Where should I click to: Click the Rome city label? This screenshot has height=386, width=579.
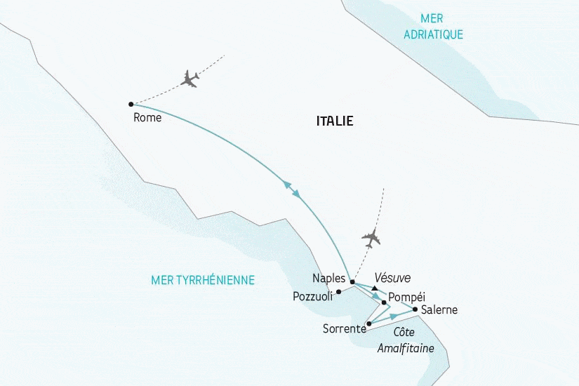(147, 118)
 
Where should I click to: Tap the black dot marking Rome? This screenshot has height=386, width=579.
(131, 104)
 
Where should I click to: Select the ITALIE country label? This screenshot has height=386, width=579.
(335, 121)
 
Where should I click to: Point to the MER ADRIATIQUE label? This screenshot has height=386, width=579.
(434, 26)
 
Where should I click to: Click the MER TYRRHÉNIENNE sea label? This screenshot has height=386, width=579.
(203, 280)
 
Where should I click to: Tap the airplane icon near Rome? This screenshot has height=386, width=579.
(189, 78)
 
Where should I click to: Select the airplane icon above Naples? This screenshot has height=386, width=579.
(371, 239)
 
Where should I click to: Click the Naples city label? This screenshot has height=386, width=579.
(329, 278)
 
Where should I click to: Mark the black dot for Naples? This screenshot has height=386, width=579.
(352, 282)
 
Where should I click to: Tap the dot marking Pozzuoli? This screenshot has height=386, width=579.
(338, 291)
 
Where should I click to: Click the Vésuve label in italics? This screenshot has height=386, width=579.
(392, 277)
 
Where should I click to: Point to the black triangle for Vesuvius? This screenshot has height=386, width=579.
(375, 288)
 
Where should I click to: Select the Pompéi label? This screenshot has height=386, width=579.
(406, 296)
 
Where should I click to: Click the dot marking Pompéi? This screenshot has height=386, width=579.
(384, 302)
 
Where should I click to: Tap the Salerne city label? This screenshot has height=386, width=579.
(439, 310)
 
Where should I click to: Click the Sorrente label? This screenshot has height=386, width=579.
(344, 328)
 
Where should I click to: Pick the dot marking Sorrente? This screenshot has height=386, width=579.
(368, 324)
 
